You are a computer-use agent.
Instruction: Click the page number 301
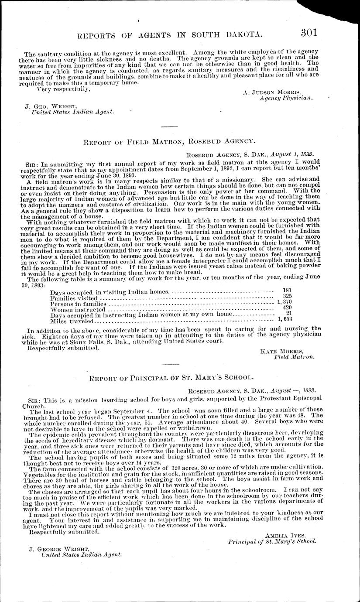(x=309, y=33)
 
